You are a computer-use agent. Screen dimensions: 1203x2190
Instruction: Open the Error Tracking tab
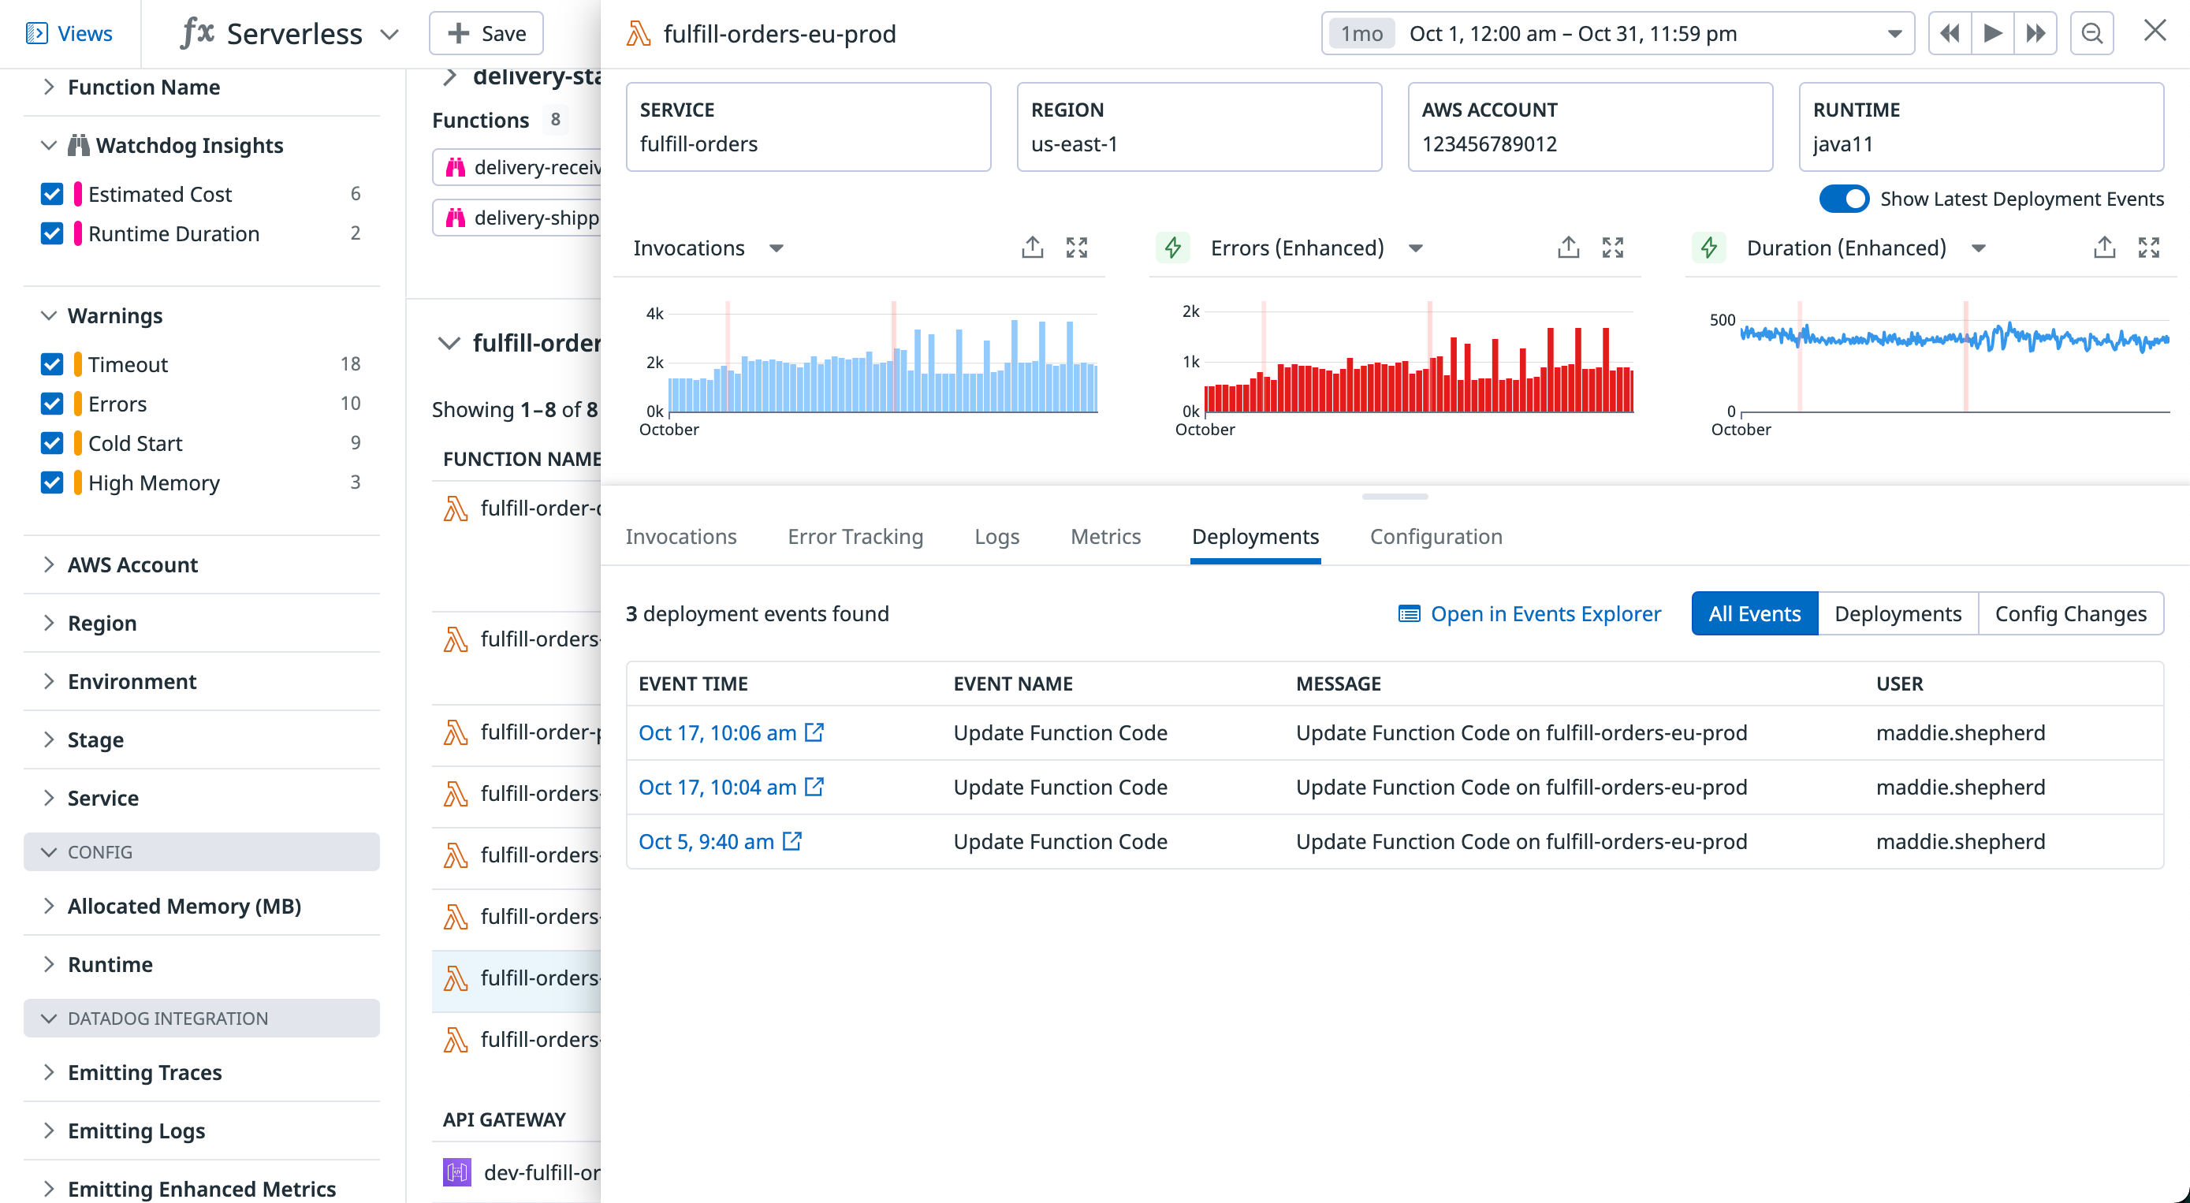click(855, 536)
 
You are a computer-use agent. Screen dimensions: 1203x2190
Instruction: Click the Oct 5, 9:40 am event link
click(706, 842)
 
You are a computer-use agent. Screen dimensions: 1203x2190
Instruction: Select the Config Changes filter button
click(2070, 614)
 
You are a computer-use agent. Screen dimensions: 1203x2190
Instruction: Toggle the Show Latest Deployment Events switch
click(1843, 199)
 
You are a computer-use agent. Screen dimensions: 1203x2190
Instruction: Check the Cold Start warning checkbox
click(52, 443)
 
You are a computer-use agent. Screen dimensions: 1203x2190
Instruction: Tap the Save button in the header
click(486, 33)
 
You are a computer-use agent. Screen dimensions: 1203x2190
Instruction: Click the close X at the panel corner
click(2155, 32)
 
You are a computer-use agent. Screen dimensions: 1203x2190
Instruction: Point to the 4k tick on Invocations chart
click(654, 314)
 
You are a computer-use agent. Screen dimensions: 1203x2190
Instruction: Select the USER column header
click(1899, 683)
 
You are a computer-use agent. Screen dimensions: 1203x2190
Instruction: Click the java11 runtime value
click(1842, 143)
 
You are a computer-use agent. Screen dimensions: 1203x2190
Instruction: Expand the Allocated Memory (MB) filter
click(184, 907)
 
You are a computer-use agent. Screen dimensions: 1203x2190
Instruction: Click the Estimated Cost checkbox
click(52, 194)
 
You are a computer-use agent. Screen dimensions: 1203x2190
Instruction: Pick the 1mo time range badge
click(1362, 33)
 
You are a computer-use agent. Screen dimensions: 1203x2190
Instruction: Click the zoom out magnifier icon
click(2091, 33)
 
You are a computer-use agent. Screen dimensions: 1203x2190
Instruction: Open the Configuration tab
click(1436, 536)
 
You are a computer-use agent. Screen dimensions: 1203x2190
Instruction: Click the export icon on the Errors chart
click(1568, 248)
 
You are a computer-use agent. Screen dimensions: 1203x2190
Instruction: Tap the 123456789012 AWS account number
click(1489, 143)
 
